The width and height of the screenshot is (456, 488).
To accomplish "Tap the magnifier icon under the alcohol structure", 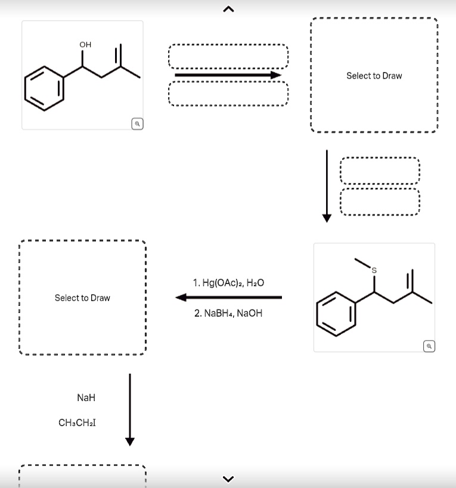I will pos(137,124).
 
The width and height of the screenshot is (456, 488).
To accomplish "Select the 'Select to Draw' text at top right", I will pos(374,76).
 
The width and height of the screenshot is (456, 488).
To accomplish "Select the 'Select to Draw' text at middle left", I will pos(82,298).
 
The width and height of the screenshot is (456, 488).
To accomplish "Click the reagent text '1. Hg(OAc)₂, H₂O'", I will pos(228,282).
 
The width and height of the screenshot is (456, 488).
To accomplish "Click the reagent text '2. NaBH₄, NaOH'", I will pos(228,313).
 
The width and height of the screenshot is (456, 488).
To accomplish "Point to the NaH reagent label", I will pos(86,398).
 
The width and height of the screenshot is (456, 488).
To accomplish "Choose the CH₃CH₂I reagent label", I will pos(77,423).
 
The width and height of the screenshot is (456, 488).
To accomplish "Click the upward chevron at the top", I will pos(228,8).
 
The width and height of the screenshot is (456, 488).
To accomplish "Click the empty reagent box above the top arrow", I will pos(228,57).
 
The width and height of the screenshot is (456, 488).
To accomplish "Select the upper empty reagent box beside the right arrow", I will pos(380,171).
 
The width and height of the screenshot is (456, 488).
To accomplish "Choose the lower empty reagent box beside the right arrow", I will pos(380,204).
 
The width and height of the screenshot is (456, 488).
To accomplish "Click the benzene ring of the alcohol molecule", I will pos(45,87).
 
